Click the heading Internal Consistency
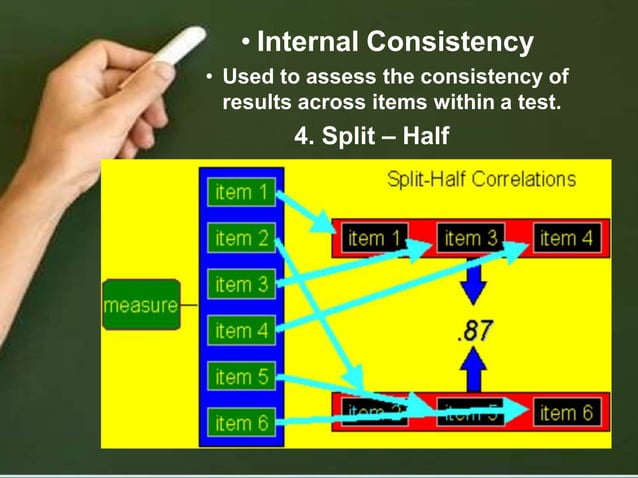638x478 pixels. click(394, 43)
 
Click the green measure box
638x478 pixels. click(140, 305)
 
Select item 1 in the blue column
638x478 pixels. click(241, 192)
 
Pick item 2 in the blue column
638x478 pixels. click(241, 238)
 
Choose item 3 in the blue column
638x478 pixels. click(241, 285)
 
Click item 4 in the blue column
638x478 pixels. click(241, 331)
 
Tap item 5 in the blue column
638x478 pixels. click(241, 377)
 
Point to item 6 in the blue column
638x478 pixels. click(241, 423)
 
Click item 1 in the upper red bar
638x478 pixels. click(374, 238)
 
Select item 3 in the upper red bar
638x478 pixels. click(471, 238)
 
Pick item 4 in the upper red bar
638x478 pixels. click(568, 238)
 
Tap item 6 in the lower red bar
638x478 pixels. click(567, 411)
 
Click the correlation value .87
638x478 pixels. click(473, 331)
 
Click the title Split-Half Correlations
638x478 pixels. click(480, 180)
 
